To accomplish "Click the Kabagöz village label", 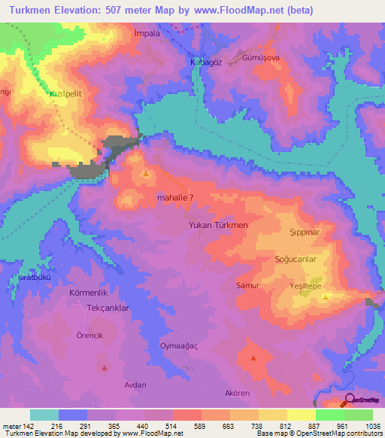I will click(x=205, y=62).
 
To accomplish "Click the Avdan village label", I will click(x=135, y=385).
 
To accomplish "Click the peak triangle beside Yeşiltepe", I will click(x=326, y=297).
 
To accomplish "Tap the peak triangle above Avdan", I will click(x=105, y=368).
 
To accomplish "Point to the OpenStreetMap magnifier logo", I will click(x=350, y=400).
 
